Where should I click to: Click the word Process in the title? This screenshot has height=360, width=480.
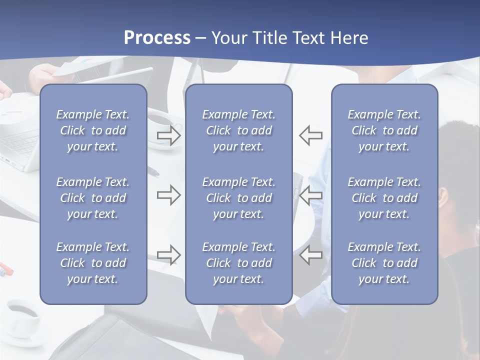(x=157, y=38)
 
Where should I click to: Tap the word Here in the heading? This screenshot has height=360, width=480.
(x=348, y=38)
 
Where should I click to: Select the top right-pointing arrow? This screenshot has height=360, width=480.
(x=168, y=135)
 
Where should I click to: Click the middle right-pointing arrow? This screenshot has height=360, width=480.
(x=168, y=195)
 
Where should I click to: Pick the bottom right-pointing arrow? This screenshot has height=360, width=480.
(x=168, y=254)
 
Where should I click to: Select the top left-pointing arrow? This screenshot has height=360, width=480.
(x=311, y=135)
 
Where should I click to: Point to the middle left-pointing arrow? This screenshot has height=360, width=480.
(x=311, y=195)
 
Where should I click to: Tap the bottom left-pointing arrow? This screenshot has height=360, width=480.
(x=311, y=254)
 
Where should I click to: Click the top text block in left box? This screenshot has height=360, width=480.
(x=93, y=130)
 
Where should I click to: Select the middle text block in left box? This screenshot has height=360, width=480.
(x=93, y=198)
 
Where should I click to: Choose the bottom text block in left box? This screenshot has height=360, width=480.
(x=93, y=263)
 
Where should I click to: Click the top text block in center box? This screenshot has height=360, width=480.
(x=238, y=130)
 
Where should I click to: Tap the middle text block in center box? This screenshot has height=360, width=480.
(x=238, y=198)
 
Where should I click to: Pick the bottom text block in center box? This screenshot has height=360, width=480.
(x=238, y=263)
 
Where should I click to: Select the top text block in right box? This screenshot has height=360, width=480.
(x=384, y=130)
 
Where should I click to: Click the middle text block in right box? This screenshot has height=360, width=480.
(x=384, y=198)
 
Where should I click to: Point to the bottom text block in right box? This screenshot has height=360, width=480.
(x=384, y=263)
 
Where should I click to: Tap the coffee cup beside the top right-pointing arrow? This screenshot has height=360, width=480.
(x=161, y=122)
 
